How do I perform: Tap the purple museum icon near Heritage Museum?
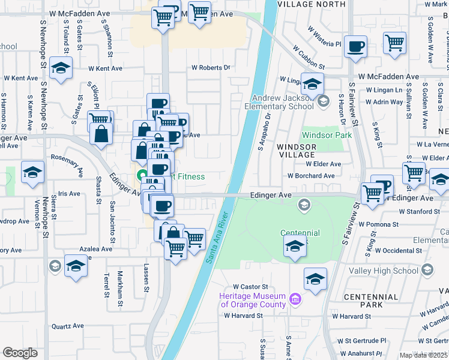point(295,299)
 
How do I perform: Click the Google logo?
point(20,353)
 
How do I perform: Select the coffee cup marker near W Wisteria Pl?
point(356,47)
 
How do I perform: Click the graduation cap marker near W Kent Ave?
point(61,68)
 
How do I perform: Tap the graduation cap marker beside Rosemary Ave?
point(32,173)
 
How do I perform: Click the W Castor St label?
point(250,287)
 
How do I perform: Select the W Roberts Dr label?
point(211,68)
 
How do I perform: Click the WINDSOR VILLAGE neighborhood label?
point(296,150)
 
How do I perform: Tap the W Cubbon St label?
point(309,58)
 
